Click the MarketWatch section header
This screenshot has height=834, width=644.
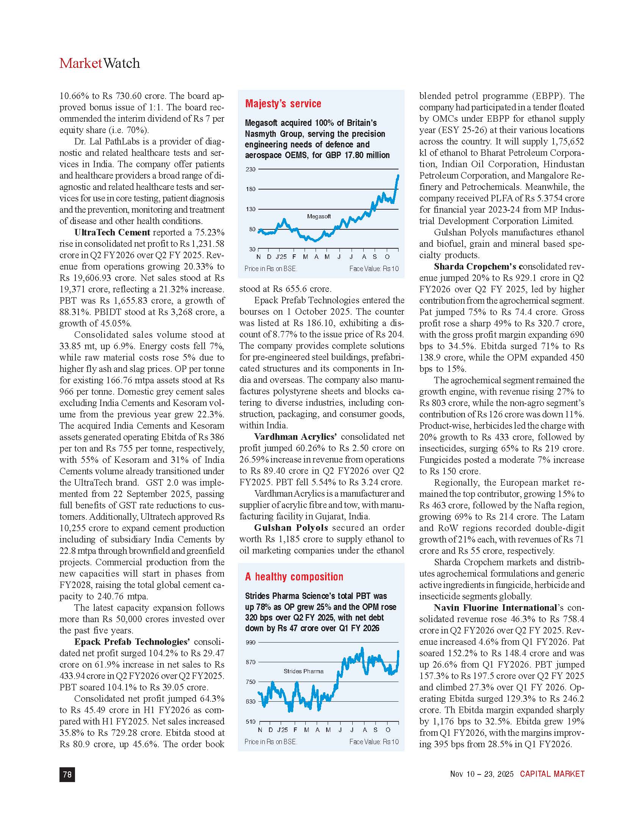point(100,63)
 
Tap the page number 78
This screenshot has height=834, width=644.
point(67,774)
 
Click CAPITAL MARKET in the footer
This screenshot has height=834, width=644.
point(552,774)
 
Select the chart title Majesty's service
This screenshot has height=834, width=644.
point(283,103)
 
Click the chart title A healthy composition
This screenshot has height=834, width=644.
point(294,577)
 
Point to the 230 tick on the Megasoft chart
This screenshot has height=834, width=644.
point(251,169)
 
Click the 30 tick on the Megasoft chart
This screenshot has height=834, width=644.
point(252,249)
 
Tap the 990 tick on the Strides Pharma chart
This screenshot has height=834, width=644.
point(251,642)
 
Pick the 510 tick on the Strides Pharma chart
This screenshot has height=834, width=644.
point(251,722)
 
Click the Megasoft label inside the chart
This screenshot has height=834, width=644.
point(319,216)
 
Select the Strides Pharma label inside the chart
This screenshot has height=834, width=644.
point(303,671)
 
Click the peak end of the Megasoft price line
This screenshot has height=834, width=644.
point(398,176)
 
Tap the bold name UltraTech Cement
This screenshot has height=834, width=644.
point(112,232)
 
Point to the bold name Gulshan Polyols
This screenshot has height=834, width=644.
point(291,528)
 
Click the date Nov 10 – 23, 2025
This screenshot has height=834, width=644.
point(482,774)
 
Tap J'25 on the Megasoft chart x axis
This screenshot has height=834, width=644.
point(281,257)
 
